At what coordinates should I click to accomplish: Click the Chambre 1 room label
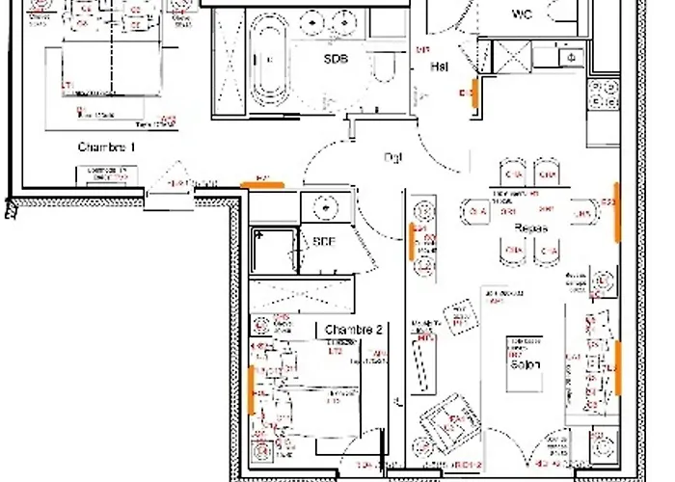tap(106, 147)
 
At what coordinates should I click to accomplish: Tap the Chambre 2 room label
tap(354, 330)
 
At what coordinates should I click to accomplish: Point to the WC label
tap(523, 13)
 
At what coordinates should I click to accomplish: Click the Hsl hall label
tap(439, 67)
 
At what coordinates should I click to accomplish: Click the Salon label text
tap(525, 363)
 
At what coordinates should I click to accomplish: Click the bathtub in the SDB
tap(266, 58)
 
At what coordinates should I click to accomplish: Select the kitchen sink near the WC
tap(572, 58)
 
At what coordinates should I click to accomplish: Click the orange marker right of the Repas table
tap(615, 210)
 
